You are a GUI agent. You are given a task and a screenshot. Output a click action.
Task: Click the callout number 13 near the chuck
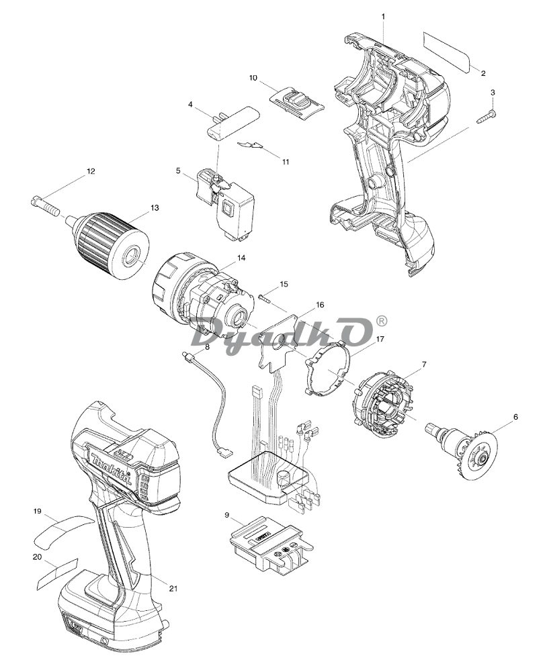pyautogui.click(x=155, y=207)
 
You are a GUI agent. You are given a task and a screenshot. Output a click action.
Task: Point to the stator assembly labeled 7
pyautogui.click(x=384, y=400)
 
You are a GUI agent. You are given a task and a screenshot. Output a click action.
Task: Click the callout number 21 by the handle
pyautogui.click(x=173, y=588)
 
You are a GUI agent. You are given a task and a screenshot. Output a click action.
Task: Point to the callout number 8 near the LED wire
pyautogui.click(x=208, y=347)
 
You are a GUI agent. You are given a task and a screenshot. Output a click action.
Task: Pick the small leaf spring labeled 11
pyautogui.click(x=251, y=146)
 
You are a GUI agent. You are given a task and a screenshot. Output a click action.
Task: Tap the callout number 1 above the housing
pyautogui.click(x=383, y=16)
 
